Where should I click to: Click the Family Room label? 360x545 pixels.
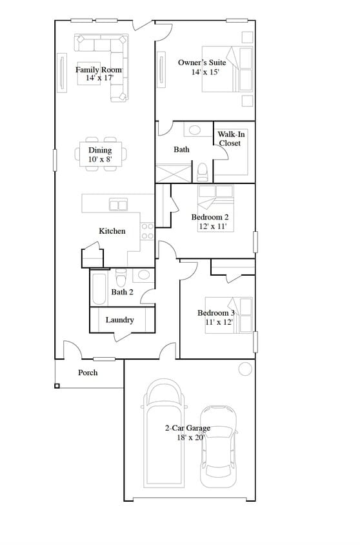(x=99, y=74)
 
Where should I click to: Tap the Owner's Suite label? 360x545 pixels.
(x=201, y=67)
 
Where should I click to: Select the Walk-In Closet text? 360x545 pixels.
(x=230, y=138)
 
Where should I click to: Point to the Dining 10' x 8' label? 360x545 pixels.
(x=100, y=154)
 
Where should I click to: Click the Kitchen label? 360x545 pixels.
(x=112, y=231)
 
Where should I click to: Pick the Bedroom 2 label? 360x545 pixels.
(x=210, y=221)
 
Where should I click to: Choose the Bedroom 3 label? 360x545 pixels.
(x=215, y=317)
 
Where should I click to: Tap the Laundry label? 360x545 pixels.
(x=119, y=320)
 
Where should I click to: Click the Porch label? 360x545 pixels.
(x=88, y=373)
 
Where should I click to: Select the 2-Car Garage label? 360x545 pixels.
(x=187, y=433)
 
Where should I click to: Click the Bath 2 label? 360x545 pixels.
(x=123, y=292)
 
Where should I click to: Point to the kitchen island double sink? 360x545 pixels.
(x=118, y=205)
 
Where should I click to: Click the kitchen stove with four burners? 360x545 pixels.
(x=147, y=231)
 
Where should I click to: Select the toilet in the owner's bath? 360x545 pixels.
(x=202, y=172)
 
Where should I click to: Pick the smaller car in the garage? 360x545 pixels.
(x=218, y=446)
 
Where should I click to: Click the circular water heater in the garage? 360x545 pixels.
(x=245, y=369)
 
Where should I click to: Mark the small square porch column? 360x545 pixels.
(x=57, y=386)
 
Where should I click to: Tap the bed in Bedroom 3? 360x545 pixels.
(x=229, y=315)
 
